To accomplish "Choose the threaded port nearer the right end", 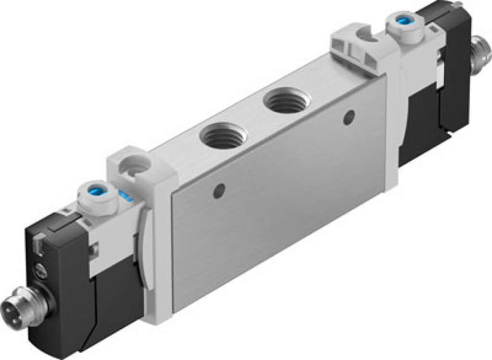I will (287, 101).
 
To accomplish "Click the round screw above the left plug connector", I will (39, 273).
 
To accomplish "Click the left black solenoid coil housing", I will (58, 288).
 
